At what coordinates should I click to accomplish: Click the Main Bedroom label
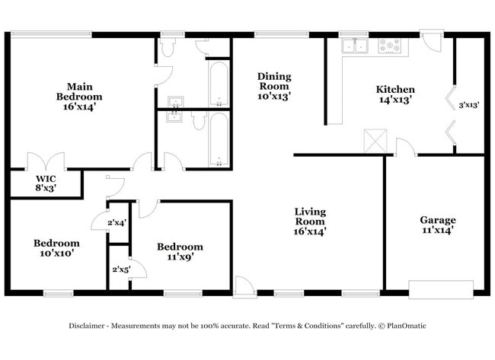tap(79, 97)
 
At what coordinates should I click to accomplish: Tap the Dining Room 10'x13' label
tap(274, 86)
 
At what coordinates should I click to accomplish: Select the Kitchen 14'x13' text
tap(395, 94)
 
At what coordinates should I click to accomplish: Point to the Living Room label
tap(310, 221)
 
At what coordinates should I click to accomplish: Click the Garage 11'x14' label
tap(438, 225)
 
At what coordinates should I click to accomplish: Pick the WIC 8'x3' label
tap(46, 183)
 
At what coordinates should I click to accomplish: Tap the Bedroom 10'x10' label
tap(57, 248)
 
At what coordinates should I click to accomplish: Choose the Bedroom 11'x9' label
tap(180, 252)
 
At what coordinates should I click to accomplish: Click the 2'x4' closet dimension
tap(117, 223)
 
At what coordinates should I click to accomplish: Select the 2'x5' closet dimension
tap(122, 269)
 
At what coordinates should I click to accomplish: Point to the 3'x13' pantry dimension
tap(469, 105)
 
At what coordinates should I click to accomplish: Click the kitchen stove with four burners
tap(390, 46)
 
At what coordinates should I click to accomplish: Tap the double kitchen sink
tap(355, 46)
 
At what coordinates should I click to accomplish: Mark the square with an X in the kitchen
tap(375, 141)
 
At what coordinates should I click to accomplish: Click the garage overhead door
tap(441, 289)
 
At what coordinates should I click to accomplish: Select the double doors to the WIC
tap(46, 161)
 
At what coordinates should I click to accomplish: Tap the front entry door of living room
tap(244, 287)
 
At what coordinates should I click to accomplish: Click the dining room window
tap(282, 34)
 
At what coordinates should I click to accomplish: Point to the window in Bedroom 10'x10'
tap(59, 294)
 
